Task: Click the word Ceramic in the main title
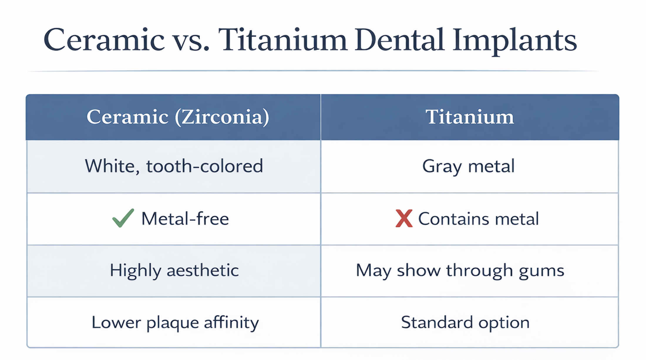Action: (x=104, y=40)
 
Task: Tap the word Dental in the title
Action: (x=399, y=39)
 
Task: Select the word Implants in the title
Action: (x=515, y=41)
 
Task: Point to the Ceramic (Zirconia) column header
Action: (x=178, y=117)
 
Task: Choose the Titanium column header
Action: (x=470, y=117)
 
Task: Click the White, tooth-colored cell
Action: (x=174, y=166)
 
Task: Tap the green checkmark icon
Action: (x=123, y=218)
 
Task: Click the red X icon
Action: (x=404, y=218)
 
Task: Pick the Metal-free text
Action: (x=185, y=219)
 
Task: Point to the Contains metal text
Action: (x=479, y=219)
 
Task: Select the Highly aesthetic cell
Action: (x=174, y=271)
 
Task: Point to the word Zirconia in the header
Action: (x=222, y=117)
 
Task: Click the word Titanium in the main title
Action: (x=282, y=40)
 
